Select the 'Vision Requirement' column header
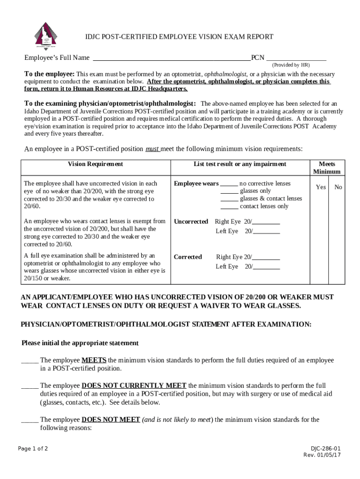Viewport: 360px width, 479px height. [x=95, y=164]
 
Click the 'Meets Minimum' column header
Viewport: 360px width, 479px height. [x=326, y=168]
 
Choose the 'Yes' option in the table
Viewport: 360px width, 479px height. [x=321, y=187]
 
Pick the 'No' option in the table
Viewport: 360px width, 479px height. [x=338, y=187]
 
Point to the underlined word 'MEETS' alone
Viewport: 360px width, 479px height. [x=94, y=361]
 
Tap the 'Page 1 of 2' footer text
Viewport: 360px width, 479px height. [x=33, y=449]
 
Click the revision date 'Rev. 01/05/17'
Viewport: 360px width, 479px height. [x=322, y=455]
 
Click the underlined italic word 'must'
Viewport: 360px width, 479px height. [x=152, y=149]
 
